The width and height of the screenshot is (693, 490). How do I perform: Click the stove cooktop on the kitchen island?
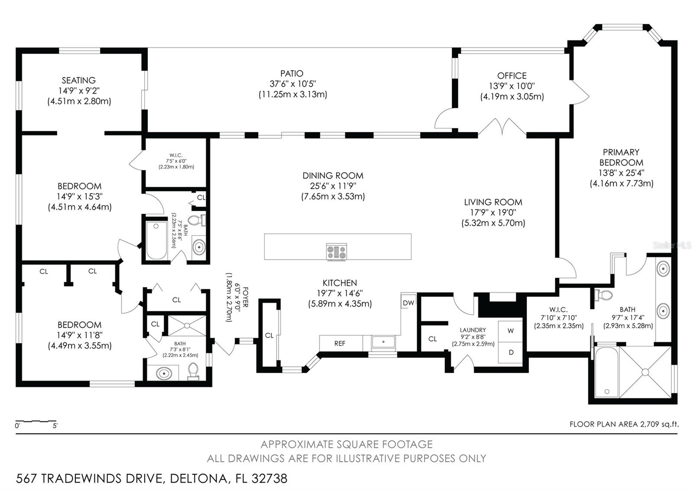point(337,252)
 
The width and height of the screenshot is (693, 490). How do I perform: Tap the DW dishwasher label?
point(408,303)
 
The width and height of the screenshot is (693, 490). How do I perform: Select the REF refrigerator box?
point(340,343)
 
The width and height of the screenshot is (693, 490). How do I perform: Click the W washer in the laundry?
point(511,331)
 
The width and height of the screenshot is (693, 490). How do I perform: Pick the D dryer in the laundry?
point(511,352)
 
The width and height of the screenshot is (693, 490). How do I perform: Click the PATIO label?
point(291,74)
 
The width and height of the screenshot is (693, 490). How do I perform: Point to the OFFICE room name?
point(512,76)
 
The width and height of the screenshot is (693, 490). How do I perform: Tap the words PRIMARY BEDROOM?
point(621,157)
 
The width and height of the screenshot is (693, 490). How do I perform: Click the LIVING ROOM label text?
point(493,202)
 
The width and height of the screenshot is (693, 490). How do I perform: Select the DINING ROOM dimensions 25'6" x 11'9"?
point(333,186)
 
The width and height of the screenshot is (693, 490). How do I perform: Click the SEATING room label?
point(78,81)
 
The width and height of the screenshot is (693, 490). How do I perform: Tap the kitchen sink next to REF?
point(383,342)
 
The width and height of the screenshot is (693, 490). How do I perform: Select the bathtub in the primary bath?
point(606,372)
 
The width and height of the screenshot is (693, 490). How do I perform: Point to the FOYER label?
point(245,297)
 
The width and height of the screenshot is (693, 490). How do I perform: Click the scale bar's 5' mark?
point(55,426)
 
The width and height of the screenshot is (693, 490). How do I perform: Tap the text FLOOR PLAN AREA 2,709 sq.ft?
point(624,424)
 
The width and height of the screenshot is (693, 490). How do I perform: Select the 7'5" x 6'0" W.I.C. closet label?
point(176,161)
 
